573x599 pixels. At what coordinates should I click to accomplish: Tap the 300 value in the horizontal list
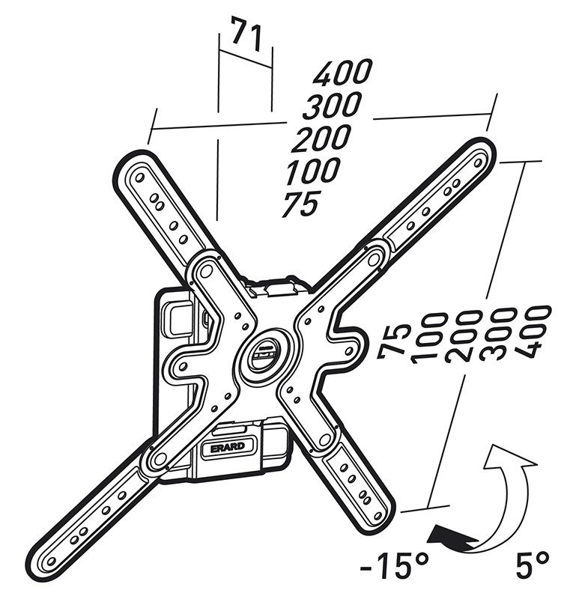pyautogui.click(x=332, y=105)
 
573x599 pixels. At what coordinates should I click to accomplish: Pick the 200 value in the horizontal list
pyautogui.click(x=321, y=137)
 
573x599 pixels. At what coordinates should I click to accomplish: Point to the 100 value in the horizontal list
pyautogui.click(x=312, y=170)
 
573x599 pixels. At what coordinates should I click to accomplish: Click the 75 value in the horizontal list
pyautogui.click(x=300, y=204)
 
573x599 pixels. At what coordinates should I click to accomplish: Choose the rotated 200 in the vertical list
pyautogui.click(x=464, y=336)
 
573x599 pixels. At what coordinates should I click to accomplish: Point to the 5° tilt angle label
pyautogui.click(x=533, y=565)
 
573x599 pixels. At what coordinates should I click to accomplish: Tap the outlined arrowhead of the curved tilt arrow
pyautogui.click(x=510, y=457)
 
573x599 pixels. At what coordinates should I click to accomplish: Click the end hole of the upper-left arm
pyautogui.click(x=139, y=177)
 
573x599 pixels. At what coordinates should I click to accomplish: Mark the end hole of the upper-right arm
pyautogui.click(x=478, y=162)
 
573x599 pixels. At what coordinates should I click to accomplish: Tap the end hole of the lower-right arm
pyautogui.click(x=378, y=517)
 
